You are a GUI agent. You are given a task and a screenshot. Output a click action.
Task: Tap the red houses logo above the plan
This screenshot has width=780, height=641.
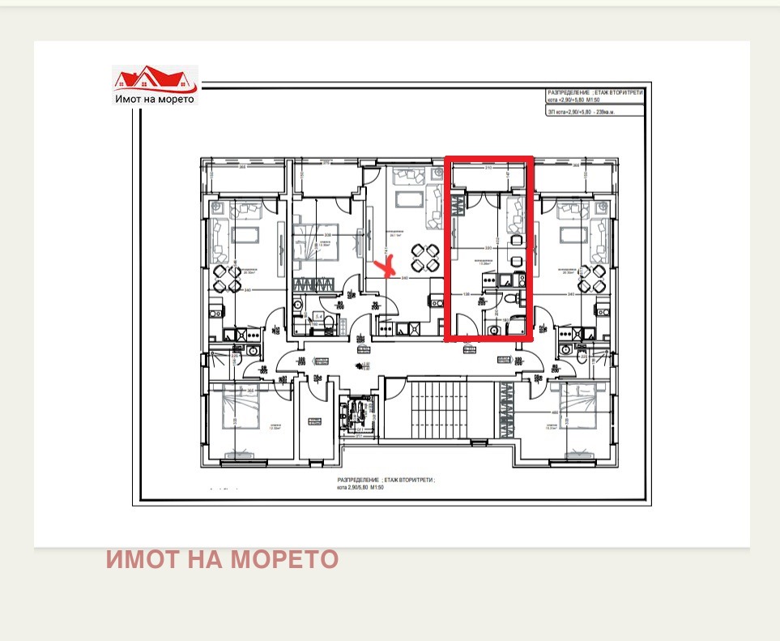154,79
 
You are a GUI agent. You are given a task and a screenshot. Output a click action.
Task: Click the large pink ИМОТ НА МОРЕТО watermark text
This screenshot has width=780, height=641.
222,560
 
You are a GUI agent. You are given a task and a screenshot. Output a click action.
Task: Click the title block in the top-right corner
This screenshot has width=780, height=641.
595,103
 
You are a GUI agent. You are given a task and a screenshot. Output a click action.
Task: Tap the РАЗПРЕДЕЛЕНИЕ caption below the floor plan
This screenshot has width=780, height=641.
386,484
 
